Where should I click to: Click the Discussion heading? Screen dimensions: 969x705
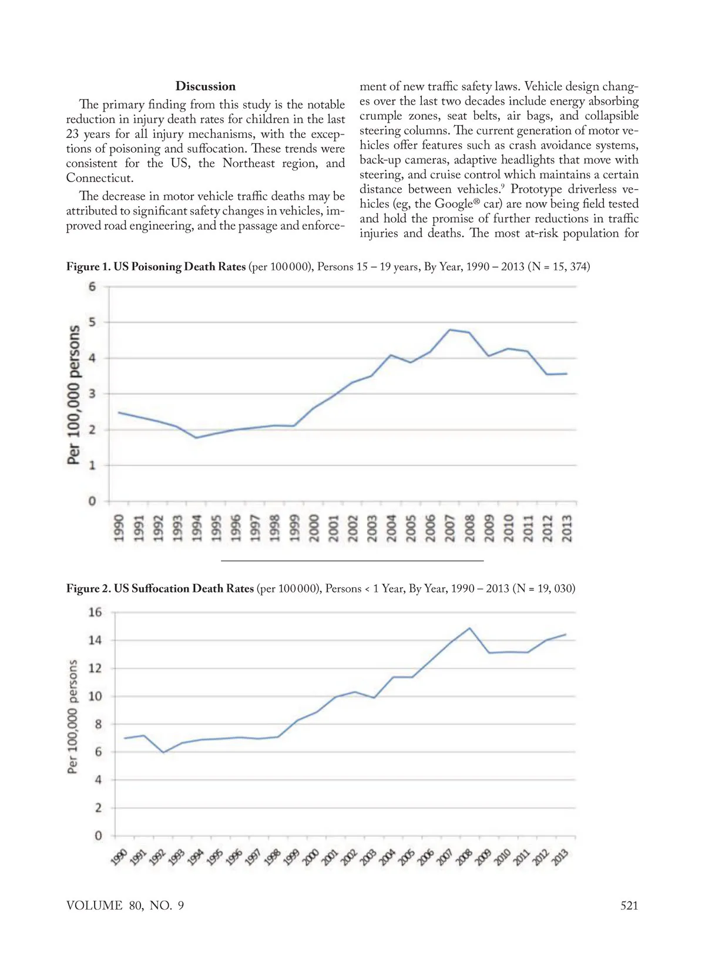coord(205,86)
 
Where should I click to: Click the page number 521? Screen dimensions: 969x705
coord(629,905)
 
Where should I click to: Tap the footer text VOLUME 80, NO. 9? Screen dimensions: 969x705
coord(125,905)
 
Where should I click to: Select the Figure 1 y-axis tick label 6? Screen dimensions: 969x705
coord(92,287)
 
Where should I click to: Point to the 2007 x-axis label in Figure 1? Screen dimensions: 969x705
coord(451,529)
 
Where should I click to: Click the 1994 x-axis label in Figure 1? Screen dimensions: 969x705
coord(196,529)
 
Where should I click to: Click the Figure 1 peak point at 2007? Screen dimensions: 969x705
coord(450,329)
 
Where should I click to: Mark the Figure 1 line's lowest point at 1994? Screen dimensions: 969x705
coord(196,438)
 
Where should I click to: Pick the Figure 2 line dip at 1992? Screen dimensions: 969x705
coord(163,752)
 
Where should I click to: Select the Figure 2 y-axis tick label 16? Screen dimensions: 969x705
coord(95,612)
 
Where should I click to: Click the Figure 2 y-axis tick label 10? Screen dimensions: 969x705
coord(95,696)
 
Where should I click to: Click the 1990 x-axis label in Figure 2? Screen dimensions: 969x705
coord(118,857)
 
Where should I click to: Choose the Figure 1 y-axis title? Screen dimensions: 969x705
coord(74,395)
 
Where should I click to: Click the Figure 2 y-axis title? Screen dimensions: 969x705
coord(73,716)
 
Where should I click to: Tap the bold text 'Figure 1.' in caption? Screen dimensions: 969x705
coord(88,267)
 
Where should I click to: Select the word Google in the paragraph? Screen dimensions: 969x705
coord(453,204)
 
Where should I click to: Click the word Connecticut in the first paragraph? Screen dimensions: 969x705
coord(99,178)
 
